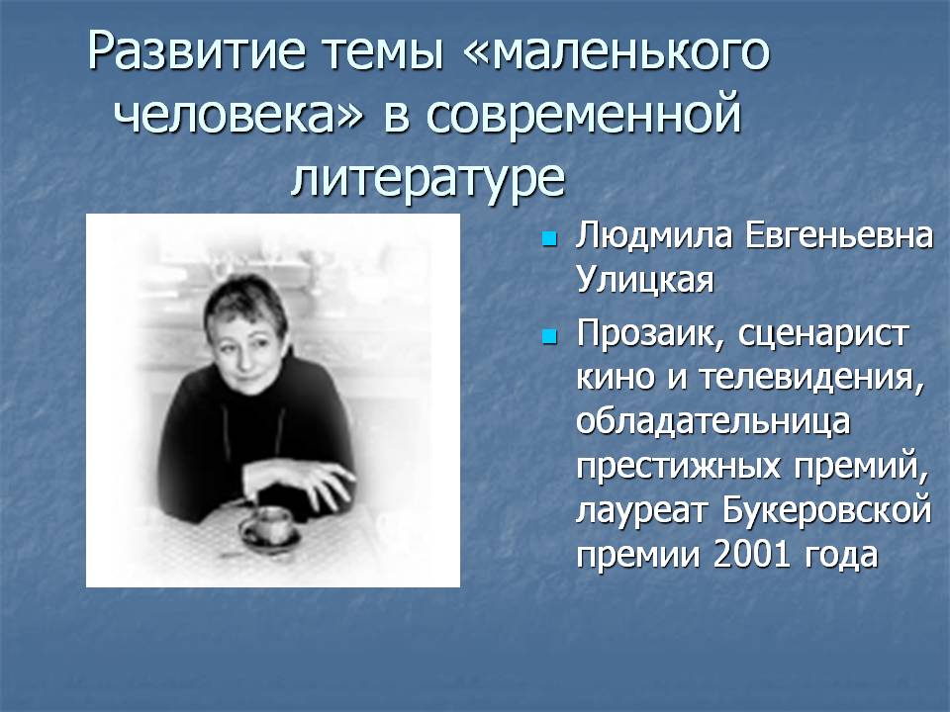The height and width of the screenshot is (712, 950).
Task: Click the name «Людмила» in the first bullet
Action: (653, 235)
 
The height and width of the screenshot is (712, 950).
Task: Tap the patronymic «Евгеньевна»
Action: (838, 235)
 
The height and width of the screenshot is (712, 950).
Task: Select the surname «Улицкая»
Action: (644, 280)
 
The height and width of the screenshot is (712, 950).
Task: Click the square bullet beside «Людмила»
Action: (549, 238)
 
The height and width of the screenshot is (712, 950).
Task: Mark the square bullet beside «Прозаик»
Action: (549, 336)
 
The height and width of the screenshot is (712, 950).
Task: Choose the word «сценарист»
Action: (822, 334)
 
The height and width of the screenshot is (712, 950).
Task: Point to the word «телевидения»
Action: (811, 378)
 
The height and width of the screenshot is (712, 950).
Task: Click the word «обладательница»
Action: (713, 421)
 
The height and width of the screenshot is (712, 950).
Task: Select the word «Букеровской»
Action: (826, 510)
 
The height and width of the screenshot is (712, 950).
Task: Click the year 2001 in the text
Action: (751, 554)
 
